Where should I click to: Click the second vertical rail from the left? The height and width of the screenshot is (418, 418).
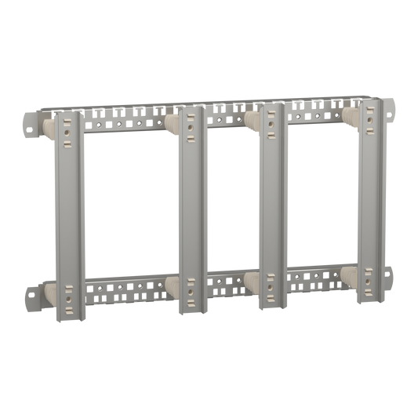pos(191,212)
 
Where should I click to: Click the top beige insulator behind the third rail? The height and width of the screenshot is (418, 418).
pos(252,118)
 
